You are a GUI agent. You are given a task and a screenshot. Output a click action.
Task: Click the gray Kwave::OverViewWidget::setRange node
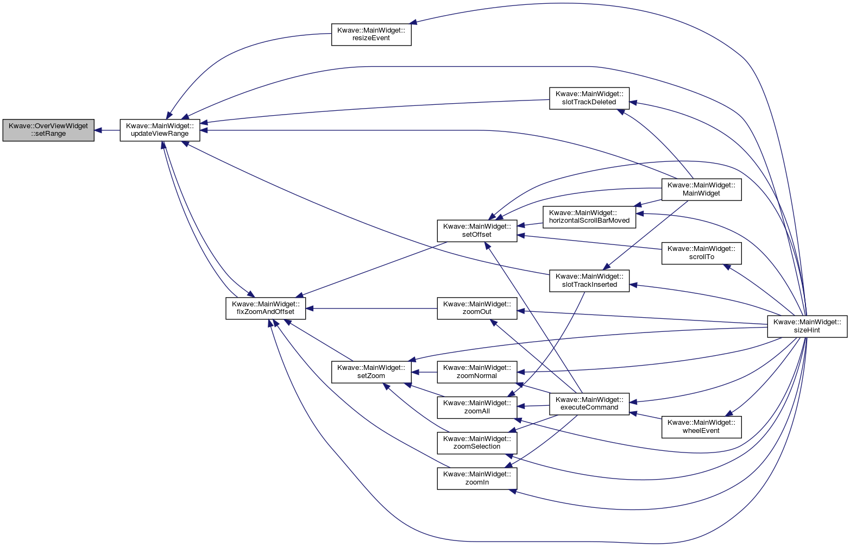(x=48, y=130)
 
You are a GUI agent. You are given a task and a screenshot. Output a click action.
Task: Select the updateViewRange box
(x=160, y=130)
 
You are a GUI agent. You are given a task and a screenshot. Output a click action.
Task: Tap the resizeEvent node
(x=371, y=35)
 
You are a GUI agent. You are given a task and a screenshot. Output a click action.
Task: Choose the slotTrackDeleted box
(x=589, y=98)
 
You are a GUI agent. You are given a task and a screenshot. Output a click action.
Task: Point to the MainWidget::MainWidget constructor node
(x=701, y=190)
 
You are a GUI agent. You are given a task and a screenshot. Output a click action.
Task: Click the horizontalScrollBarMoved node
(x=589, y=217)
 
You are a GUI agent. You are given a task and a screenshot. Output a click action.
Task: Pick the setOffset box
(x=477, y=230)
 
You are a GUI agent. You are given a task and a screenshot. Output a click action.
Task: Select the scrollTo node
(x=701, y=253)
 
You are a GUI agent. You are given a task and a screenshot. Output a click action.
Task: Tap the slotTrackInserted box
(x=589, y=280)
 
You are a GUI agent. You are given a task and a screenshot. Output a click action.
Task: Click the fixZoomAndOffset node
(x=266, y=308)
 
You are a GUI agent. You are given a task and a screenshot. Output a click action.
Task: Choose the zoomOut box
(x=477, y=308)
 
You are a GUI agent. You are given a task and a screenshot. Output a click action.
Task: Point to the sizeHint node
(x=807, y=326)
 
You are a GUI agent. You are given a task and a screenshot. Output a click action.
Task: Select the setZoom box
(x=371, y=372)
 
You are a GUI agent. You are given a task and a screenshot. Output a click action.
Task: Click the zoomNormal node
(x=477, y=372)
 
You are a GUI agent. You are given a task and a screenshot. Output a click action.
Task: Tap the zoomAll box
(x=477, y=407)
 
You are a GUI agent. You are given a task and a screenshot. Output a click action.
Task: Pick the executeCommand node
(x=589, y=404)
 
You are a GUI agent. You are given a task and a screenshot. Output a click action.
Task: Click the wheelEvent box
(x=701, y=426)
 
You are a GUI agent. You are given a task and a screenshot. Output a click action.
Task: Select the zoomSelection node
(x=477, y=443)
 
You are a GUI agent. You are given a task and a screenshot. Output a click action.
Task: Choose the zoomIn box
(x=477, y=479)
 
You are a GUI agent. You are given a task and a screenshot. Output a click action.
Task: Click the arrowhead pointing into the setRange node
(x=98, y=130)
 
